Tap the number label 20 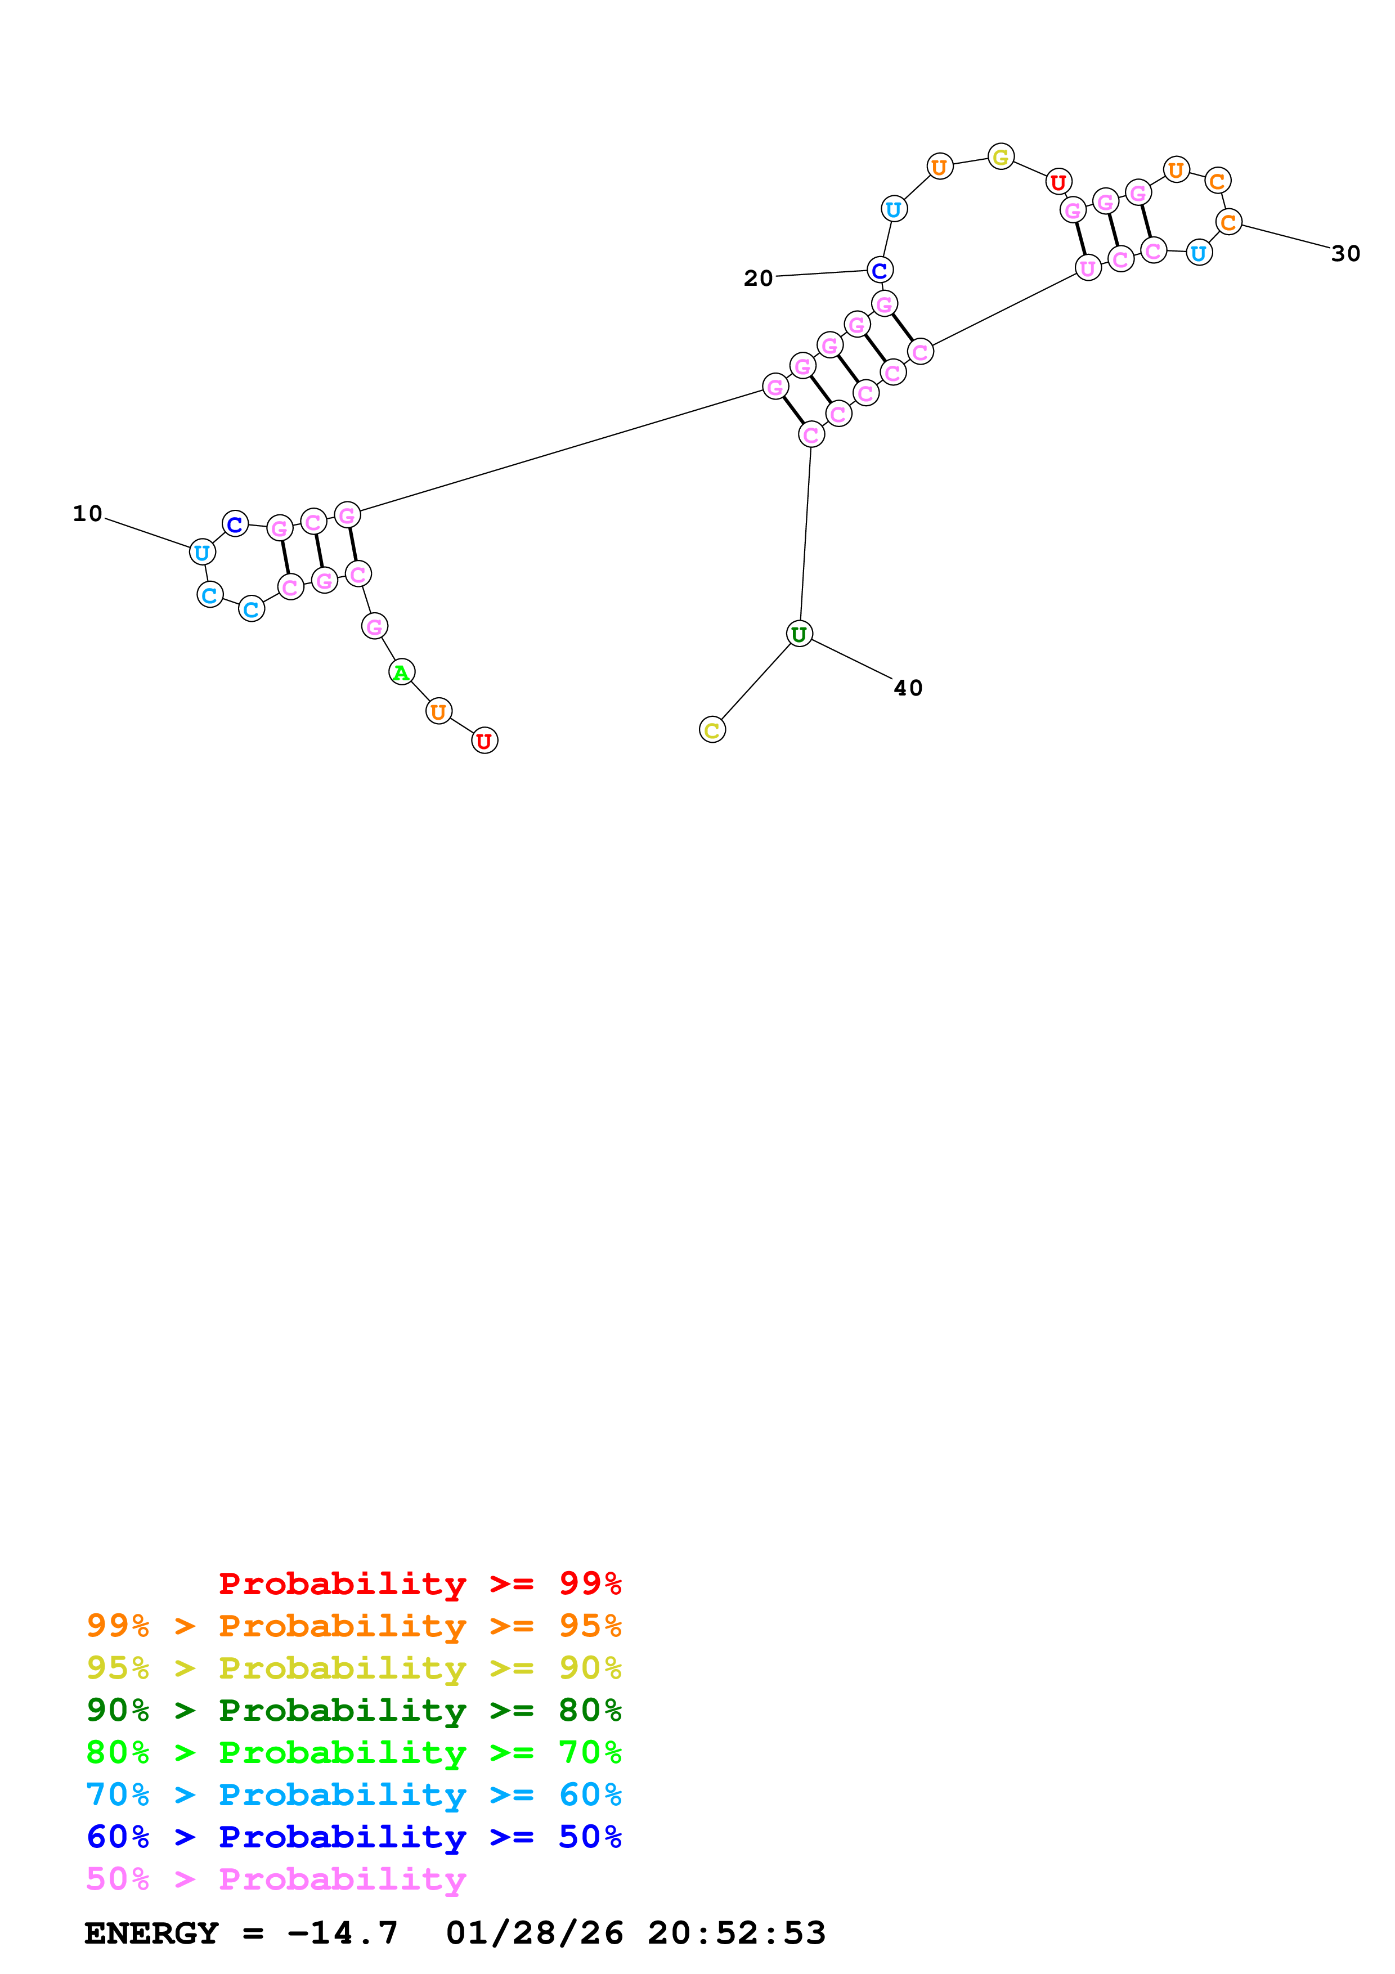758,278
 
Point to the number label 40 908,688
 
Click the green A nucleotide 401,672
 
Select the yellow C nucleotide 712,730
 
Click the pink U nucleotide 1088,268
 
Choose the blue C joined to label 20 880,270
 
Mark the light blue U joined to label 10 202,552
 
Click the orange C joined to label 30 1228,222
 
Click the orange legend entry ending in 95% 353,1626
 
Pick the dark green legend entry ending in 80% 353,1710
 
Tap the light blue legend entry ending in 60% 353,1794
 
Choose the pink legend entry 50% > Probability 276,1878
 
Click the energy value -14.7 342,1933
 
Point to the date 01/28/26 534,1933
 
